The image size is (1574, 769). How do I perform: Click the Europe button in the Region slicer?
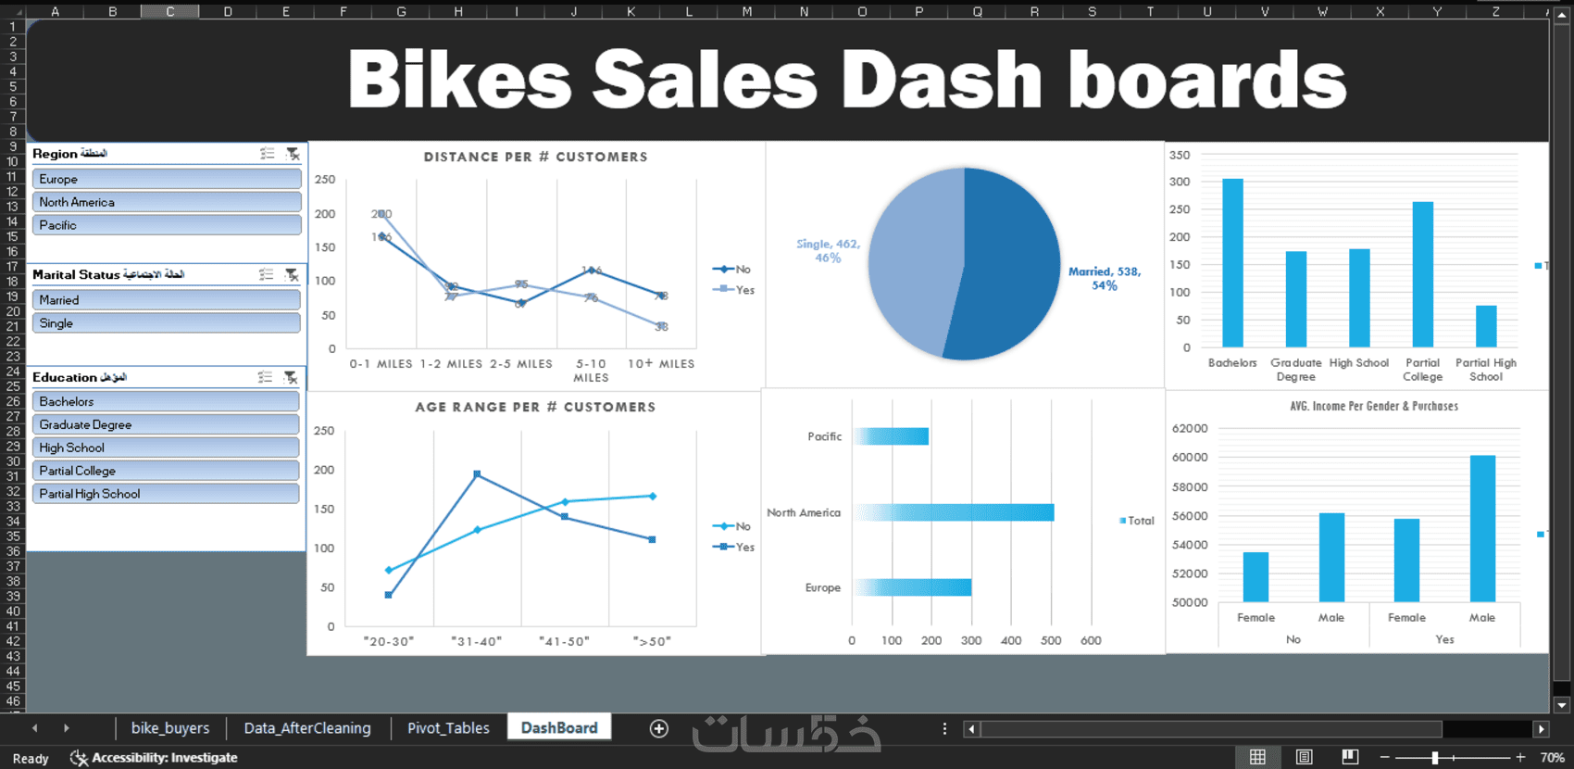167,179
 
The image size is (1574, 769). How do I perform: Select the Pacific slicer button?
167,225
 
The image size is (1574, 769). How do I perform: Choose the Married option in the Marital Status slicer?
167,300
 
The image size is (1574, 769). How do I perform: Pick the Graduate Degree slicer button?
167,424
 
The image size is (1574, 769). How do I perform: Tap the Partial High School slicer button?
167,494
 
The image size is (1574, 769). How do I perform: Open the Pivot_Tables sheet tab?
448,728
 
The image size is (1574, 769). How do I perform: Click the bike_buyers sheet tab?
170,728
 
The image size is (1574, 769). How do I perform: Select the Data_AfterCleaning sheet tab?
307,728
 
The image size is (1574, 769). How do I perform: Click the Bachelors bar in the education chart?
1232,263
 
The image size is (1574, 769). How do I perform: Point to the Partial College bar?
1422,274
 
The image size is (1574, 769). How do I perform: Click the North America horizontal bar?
954,512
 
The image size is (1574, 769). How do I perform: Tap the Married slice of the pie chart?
1009,269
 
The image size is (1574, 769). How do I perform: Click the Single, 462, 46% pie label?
828,251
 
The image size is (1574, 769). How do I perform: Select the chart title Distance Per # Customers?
535,157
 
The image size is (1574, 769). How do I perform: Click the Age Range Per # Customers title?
535,407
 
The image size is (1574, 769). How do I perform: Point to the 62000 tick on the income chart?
1190,428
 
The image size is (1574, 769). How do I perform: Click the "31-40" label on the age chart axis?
476,641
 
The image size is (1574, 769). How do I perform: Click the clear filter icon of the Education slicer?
291,377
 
